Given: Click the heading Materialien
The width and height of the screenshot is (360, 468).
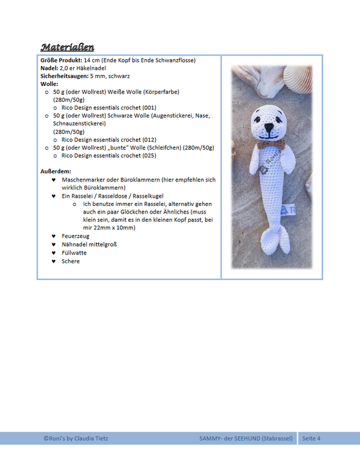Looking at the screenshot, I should point(67,47).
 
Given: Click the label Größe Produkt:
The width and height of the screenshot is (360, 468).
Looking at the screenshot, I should point(61,60).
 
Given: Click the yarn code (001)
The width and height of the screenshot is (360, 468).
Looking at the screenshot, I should point(149,108).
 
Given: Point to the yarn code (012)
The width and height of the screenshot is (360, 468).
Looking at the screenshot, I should point(149,140).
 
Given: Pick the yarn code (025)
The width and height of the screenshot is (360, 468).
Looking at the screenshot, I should point(149,156).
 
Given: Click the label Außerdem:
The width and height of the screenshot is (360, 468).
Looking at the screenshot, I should point(56,171).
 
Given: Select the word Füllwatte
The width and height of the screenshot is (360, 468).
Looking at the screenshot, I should point(74,253).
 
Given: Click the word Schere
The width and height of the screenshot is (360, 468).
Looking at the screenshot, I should point(70,261).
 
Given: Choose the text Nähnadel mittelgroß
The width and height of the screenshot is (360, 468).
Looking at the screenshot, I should point(89,244).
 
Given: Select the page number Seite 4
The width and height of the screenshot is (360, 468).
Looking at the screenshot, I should point(310,438).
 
